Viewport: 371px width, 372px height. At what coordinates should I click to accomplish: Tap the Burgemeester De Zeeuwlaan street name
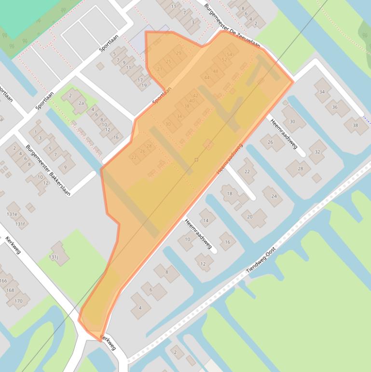(x=232, y=27)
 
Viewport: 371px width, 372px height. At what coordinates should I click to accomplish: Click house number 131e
(x=12, y=214)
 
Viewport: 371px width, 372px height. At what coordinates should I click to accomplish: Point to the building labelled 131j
(x=54, y=258)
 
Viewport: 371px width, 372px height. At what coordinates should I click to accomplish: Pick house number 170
(x=18, y=301)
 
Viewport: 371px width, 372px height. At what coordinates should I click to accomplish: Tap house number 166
(x=3, y=280)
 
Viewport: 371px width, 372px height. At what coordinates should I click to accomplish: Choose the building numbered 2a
(x=82, y=103)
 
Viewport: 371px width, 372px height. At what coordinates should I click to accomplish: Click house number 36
(x=335, y=107)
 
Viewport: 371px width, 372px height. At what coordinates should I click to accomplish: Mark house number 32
(x=317, y=152)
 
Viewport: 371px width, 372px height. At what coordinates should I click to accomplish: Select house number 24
(x=274, y=196)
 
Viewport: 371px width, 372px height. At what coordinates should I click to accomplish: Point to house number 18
(x=230, y=193)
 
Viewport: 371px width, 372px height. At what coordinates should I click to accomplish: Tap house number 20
(x=250, y=216)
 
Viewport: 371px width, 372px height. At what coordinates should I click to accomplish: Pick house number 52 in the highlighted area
(x=224, y=60)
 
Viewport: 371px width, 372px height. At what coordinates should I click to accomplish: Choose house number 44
(x=207, y=77)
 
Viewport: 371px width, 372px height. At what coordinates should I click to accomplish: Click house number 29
(x=179, y=53)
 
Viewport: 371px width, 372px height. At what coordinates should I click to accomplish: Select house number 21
(x=160, y=69)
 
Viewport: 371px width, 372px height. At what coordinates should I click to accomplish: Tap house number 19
(x=144, y=86)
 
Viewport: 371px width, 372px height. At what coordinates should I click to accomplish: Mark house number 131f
(x=20, y=224)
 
